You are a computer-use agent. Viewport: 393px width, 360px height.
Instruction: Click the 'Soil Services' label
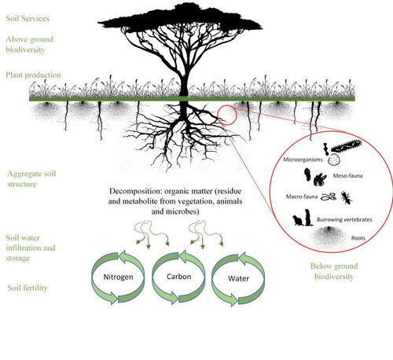click(28, 18)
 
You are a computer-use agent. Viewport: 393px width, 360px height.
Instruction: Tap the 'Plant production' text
click(33, 75)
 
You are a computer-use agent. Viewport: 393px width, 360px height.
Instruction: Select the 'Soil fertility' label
click(28, 288)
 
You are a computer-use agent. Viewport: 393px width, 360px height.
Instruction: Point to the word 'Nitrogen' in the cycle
click(118, 277)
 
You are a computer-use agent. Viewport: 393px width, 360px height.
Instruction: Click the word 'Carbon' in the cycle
click(179, 277)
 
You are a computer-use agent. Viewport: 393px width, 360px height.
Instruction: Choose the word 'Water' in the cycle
click(238, 278)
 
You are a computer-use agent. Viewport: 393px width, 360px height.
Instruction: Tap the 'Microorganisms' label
click(303, 160)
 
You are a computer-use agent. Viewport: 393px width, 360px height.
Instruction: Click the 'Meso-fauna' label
click(347, 175)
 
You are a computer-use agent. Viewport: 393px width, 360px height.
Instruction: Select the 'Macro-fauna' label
click(302, 197)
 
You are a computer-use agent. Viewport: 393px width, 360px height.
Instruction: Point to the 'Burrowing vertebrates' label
click(344, 219)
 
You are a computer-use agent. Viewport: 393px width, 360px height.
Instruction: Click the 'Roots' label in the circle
click(358, 238)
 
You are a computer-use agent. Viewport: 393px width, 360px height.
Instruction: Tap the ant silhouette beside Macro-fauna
click(347, 197)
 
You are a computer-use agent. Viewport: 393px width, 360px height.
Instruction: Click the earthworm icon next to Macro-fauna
click(329, 197)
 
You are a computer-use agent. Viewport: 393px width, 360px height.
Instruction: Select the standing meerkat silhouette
click(308, 218)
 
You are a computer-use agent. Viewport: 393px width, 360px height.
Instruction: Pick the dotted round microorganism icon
click(334, 160)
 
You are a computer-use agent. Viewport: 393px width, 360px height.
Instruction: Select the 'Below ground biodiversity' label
click(334, 271)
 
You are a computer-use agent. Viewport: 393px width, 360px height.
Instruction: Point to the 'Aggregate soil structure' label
click(31, 178)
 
